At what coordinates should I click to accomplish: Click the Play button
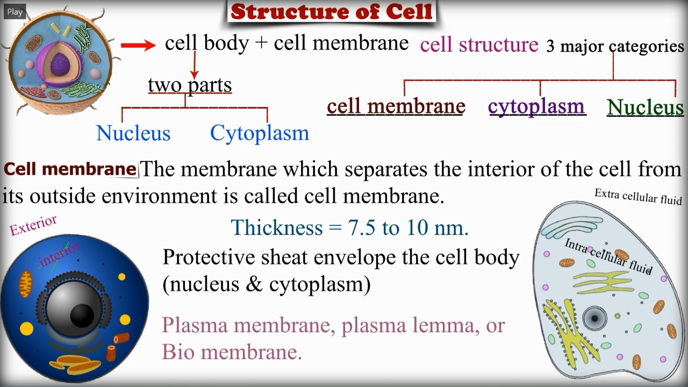(x=15, y=12)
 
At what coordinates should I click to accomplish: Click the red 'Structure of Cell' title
(x=332, y=11)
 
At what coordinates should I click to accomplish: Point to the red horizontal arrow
(x=138, y=46)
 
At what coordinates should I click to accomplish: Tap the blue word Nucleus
(x=133, y=133)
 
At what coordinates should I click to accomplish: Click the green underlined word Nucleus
(x=646, y=107)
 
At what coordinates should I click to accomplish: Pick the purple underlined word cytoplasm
(x=536, y=106)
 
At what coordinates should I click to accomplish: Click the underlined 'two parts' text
(x=190, y=85)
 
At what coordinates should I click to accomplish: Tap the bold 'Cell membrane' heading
(x=70, y=169)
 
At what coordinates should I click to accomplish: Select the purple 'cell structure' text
(x=479, y=45)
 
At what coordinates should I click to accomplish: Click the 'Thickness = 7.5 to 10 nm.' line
(x=350, y=227)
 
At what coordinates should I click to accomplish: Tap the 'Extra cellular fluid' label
(x=637, y=197)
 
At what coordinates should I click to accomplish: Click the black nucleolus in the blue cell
(x=82, y=316)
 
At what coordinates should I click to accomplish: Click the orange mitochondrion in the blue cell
(x=26, y=284)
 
